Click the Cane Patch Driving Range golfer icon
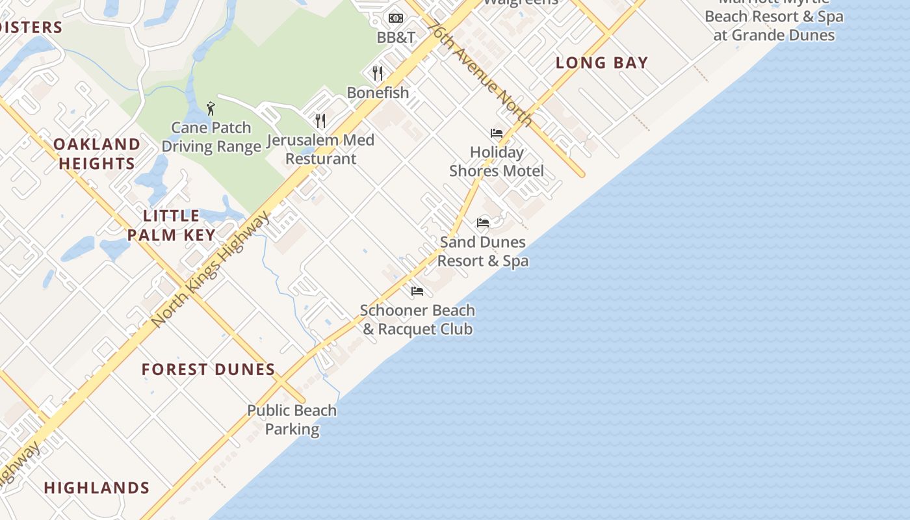click(x=210, y=109)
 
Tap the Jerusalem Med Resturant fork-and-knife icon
click(x=320, y=121)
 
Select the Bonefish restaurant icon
click(x=378, y=73)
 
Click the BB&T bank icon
click(x=395, y=18)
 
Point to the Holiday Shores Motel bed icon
click(x=497, y=133)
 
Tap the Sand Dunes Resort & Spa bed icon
click(x=483, y=223)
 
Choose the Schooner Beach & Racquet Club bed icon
click(x=417, y=291)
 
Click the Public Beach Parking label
click(x=292, y=420)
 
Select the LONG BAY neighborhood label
click(x=602, y=63)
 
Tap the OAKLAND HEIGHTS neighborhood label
click(x=97, y=153)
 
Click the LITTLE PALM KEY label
click(x=172, y=225)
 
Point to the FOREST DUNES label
click(x=209, y=370)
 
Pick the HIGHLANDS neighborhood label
click(x=97, y=487)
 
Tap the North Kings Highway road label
click(x=210, y=269)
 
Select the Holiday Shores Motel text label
click(x=497, y=162)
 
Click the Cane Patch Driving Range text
click(x=211, y=137)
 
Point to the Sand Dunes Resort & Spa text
click(x=483, y=252)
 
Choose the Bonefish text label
click(x=378, y=93)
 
